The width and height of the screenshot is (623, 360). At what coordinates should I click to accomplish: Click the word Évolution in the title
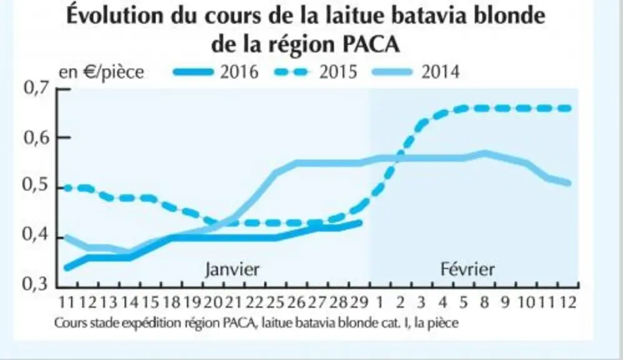click(115, 16)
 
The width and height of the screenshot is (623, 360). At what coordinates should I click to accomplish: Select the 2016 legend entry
click(216, 72)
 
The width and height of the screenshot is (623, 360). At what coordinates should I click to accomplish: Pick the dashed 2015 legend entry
click(316, 72)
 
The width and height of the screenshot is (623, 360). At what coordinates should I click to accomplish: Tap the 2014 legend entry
click(416, 72)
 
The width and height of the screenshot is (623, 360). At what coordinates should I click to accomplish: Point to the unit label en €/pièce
click(101, 72)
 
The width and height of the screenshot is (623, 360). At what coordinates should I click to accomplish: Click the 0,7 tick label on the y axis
click(36, 88)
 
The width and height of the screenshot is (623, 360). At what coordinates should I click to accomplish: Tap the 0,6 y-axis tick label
click(36, 137)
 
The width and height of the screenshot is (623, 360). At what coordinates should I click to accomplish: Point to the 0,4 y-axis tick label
click(36, 235)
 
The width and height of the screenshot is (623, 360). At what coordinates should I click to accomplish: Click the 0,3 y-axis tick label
click(36, 284)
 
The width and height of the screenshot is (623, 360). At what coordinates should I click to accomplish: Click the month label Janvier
click(232, 270)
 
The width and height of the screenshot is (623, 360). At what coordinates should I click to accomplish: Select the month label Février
click(467, 269)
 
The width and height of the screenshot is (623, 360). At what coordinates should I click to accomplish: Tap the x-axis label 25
click(276, 302)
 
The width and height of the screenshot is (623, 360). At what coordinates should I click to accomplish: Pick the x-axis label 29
click(359, 302)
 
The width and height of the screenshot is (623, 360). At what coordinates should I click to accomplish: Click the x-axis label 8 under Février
click(484, 302)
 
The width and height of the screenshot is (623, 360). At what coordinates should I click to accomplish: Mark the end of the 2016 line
click(361, 223)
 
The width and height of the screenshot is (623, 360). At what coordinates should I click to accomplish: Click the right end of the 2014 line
click(569, 184)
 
